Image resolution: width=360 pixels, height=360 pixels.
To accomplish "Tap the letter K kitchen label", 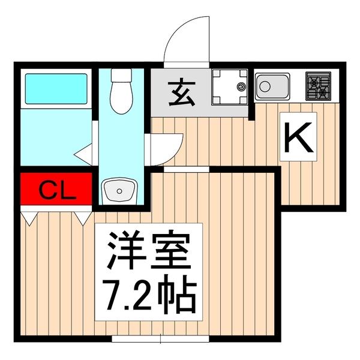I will pos(298,140).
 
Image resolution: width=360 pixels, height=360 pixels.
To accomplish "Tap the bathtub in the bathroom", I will pos(55,88).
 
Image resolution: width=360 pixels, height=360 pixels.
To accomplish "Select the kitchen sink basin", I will pos(272,86).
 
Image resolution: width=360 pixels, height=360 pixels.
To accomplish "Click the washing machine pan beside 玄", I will pos(229,87).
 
